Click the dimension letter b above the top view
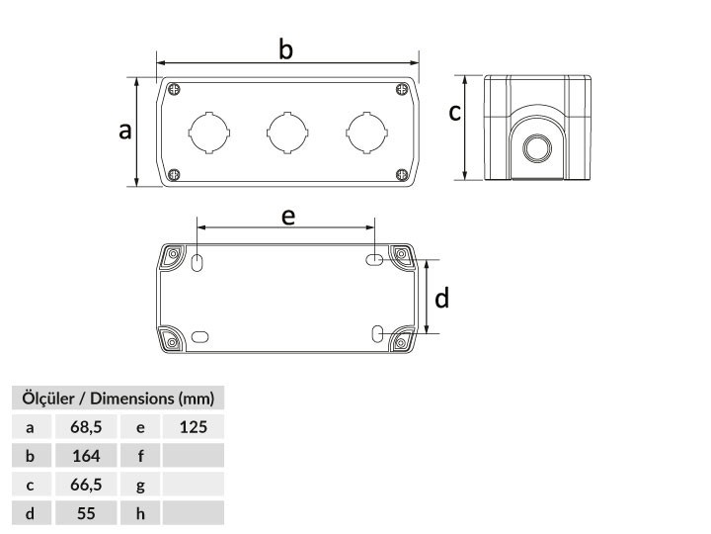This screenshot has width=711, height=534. click(x=285, y=49)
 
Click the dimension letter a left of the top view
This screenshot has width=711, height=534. click(x=124, y=132)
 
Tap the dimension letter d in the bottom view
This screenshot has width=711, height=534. click(x=441, y=299)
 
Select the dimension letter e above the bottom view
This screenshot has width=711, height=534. click(x=288, y=218)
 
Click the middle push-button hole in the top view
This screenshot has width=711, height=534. click(x=287, y=133)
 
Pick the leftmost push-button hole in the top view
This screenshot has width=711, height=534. click(x=209, y=133)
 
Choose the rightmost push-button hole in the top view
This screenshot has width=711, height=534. click(x=366, y=133)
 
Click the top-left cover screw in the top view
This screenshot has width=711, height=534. click(x=174, y=89)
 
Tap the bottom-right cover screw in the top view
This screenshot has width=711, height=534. click(x=402, y=174)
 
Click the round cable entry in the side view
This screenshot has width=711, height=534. click(x=537, y=148)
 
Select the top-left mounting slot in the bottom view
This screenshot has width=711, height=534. click(x=197, y=262)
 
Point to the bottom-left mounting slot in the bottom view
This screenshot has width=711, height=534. click(x=199, y=337)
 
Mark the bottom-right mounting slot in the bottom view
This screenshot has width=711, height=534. click(x=377, y=334)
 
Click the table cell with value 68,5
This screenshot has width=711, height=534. click(x=86, y=427)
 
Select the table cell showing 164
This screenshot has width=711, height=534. click(x=86, y=456)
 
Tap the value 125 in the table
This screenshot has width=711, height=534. click(x=194, y=427)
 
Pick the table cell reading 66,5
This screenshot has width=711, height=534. click(x=86, y=485)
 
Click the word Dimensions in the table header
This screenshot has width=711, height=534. click(x=132, y=399)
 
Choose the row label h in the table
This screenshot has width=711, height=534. click(x=140, y=513)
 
